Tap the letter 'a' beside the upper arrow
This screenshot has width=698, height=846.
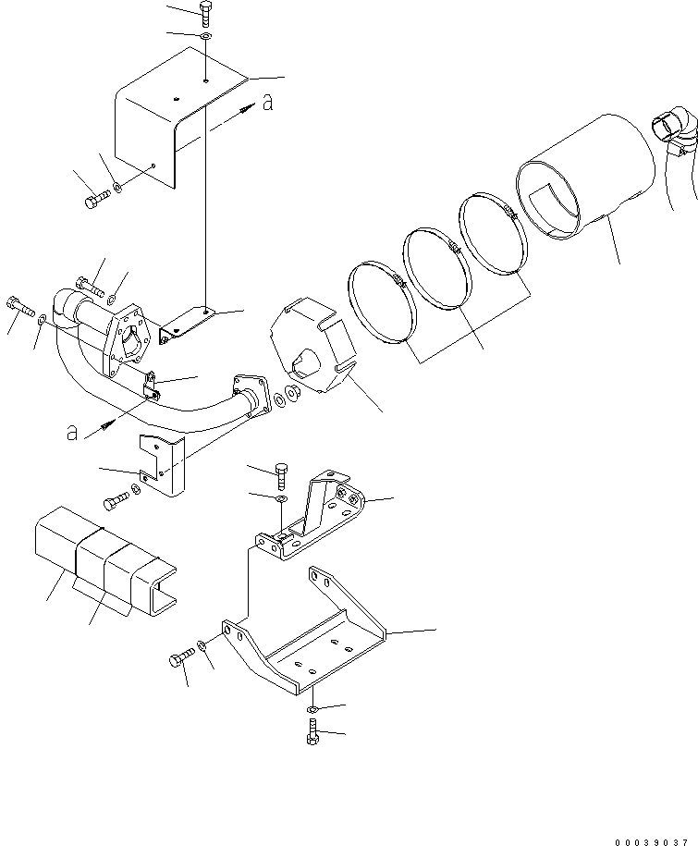(267, 104)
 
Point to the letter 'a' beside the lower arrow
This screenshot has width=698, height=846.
(72, 433)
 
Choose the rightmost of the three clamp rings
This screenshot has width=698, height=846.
(494, 244)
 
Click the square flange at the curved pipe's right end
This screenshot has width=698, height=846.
(248, 394)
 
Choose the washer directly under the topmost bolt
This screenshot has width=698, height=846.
(205, 37)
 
